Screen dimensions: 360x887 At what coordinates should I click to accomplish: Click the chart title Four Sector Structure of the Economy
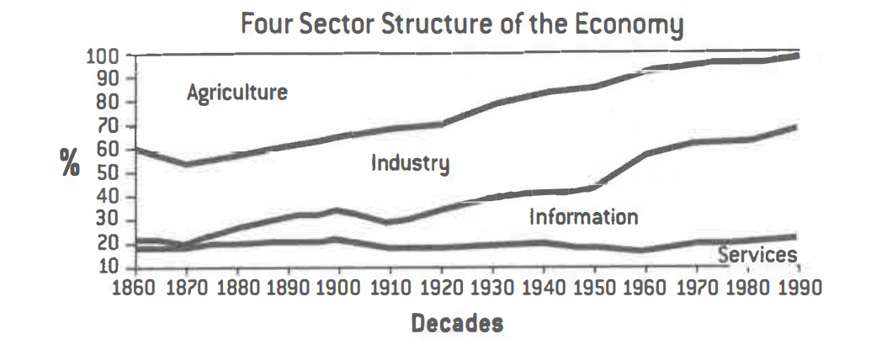coord(460,24)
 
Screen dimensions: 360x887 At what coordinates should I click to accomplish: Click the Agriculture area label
coord(236,92)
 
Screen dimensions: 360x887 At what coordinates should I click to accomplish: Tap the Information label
coord(583,217)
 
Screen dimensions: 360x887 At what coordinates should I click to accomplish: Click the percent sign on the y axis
coord(69,163)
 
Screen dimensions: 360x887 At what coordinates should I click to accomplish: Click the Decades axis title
coord(457,323)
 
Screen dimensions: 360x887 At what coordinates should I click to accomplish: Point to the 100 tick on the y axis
coord(105,56)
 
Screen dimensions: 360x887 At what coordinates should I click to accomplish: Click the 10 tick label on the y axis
coord(112,269)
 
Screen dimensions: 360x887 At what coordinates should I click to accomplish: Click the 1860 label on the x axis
coord(134,287)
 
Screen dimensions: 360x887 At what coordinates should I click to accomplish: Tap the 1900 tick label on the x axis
coord(337,287)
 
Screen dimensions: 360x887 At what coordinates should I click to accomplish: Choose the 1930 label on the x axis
coord(491,287)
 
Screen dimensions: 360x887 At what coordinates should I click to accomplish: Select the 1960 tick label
coord(644,287)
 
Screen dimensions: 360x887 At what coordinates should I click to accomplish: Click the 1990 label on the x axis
coord(798,287)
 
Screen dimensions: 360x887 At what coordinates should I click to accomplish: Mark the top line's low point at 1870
coord(185,163)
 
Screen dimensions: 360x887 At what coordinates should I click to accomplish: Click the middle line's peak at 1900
coord(337,210)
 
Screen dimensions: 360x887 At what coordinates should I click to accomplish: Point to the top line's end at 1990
coord(796,56)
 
